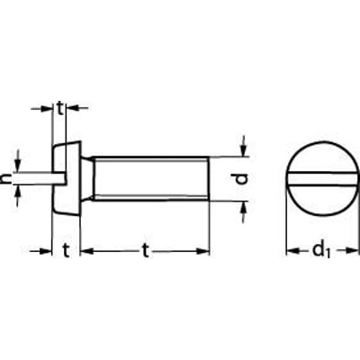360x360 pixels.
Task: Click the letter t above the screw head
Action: click(x=60, y=109)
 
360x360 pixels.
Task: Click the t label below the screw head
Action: click(x=66, y=251)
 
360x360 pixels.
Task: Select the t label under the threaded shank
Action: click(x=146, y=251)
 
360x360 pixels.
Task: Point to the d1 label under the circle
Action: click(x=321, y=250)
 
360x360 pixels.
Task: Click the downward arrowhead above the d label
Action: click(x=244, y=150)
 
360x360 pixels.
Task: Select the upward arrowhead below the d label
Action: click(x=244, y=207)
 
